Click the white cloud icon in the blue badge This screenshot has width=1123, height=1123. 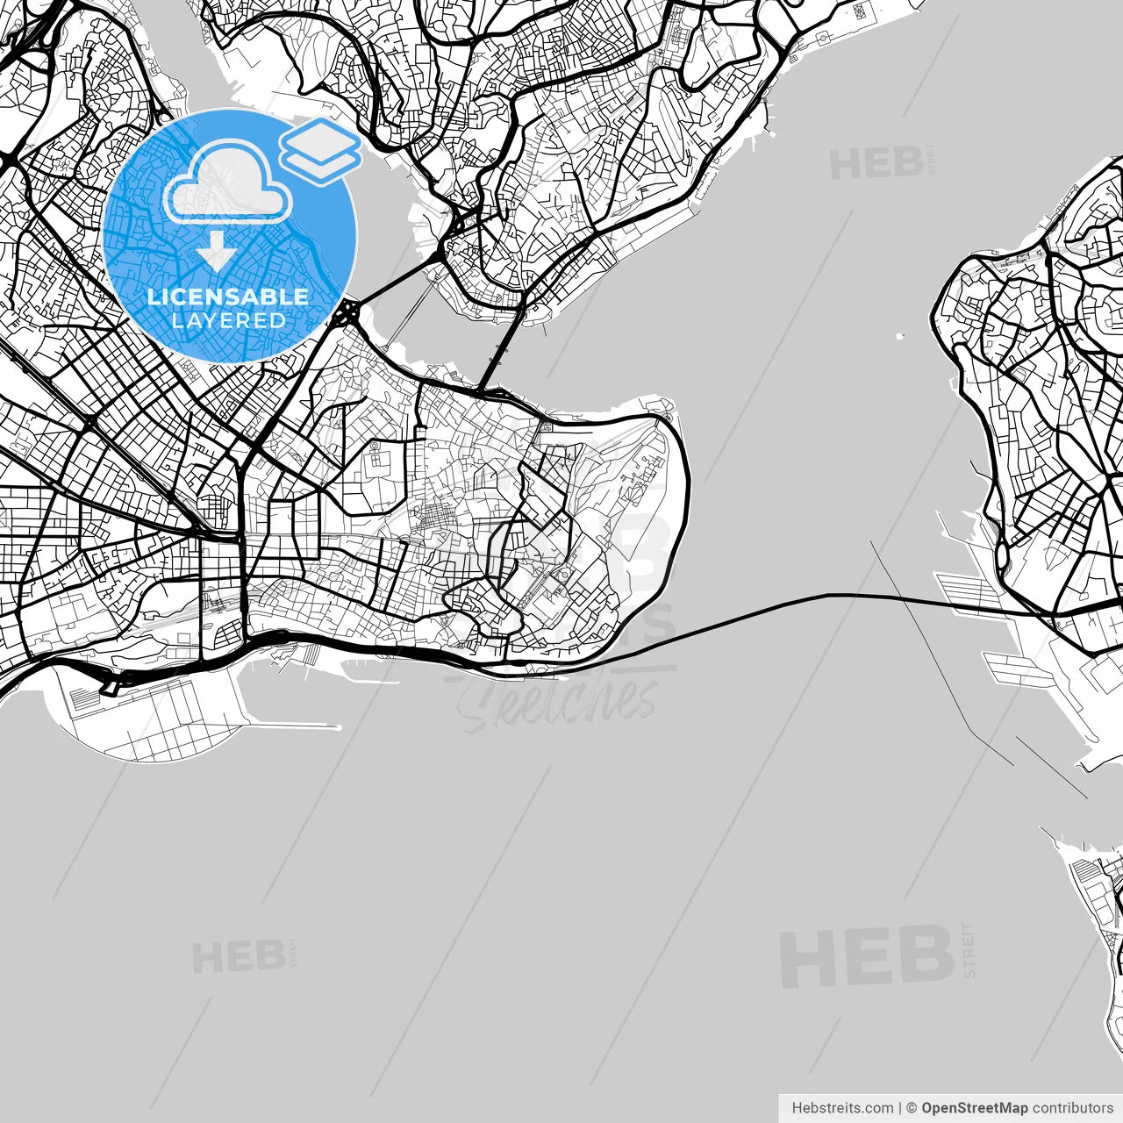click(227, 183)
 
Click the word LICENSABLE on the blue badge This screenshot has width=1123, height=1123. click(228, 297)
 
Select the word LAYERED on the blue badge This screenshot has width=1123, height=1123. click(228, 320)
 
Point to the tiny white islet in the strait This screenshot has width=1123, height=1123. click(898, 335)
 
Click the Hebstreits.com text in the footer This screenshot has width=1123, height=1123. click(842, 1108)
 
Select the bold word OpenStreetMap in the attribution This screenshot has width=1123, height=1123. click(974, 1108)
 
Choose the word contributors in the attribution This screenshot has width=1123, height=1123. click(1072, 1108)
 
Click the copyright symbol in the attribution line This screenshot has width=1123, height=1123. click(912, 1108)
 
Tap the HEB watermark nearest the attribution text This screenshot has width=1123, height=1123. click(867, 956)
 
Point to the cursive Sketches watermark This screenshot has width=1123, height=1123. click(561, 702)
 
